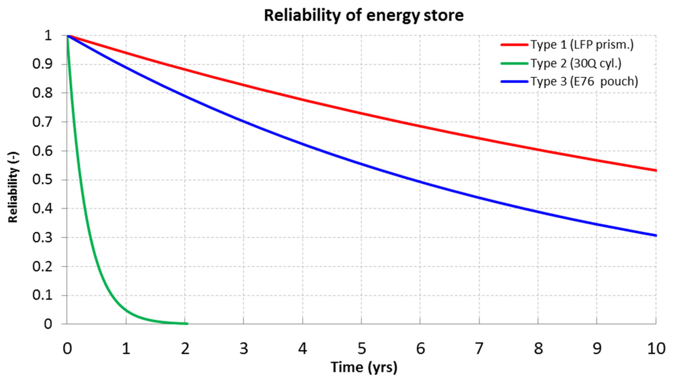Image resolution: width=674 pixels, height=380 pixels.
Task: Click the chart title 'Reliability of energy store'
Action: [364, 16]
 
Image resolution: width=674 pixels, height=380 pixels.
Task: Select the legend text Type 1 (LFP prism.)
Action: [582, 45]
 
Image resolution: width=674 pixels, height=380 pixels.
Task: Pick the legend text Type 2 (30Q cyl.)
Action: [576, 63]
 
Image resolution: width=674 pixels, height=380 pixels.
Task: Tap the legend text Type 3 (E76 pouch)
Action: [584, 82]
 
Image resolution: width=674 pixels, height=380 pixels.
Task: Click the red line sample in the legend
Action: [514, 45]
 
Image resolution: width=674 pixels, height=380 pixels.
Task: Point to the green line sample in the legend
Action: [514, 63]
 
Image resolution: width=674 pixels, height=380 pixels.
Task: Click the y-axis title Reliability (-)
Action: [13, 187]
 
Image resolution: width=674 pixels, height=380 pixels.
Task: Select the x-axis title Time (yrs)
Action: [364, 367]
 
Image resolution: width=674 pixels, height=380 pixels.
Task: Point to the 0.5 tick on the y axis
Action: [42, 180]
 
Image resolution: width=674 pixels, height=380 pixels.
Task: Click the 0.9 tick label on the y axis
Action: [42, 64]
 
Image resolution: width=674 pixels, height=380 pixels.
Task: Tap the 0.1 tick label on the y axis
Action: [42, 295]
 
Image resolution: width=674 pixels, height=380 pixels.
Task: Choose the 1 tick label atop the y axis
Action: [48, 35]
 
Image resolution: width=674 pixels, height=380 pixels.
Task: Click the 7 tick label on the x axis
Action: [479, 349]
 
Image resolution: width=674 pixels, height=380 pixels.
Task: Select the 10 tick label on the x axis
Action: [656, 349]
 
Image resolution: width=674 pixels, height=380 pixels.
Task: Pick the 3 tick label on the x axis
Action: [243, 349]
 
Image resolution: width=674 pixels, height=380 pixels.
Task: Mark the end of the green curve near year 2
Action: [187, 324]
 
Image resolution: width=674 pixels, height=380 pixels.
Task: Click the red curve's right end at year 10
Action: [656, 170]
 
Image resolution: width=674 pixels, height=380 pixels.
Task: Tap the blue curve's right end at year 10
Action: [656, 236]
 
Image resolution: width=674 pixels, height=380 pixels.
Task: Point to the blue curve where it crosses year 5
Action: [361, 164]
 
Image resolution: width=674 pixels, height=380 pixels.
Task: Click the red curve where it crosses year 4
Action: [303, 100]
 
